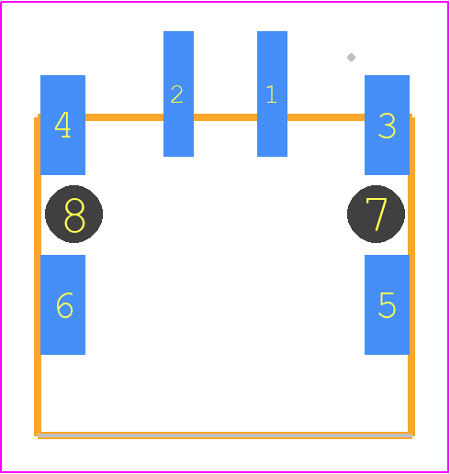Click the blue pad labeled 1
pyautogui.click(x=272, y=94)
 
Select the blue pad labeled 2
pyautogui.click(x=178, y=94)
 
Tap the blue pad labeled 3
pyautogui.click(x=387, y=125)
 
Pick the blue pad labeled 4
pyautogui.click(x=62, y=125)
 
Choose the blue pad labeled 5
pyautogui.click(x=387, y=304)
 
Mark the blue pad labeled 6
pyautogui.click(x=62, y=304)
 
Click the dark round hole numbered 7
pyautogui.click(x=376, y=214)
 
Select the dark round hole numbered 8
pyautogui.click(x=73, y=214)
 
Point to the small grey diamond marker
pyautogui.click(x=351, y=57)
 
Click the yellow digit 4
pyautogui.click(x=62, y=125)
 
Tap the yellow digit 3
pyautogui.click(x=387, y=126)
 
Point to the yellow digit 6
pyautogui.click(x=64, y=305)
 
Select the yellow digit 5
pyautogui.click(x=388, y=305)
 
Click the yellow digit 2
pyautogui.click(x=177, y=94)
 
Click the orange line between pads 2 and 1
pyautogui.click(x=225, y=117)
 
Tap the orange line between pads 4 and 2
pyautogui.click(x=124, y=117)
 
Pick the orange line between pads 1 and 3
pyautogui.click(x=326, y=117)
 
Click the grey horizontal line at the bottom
pyautogui.click(x=225, y=435)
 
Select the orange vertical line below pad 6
pyautogui.click(x=38, y=395)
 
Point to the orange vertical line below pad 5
pyautogui.click(x=411, y=395)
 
